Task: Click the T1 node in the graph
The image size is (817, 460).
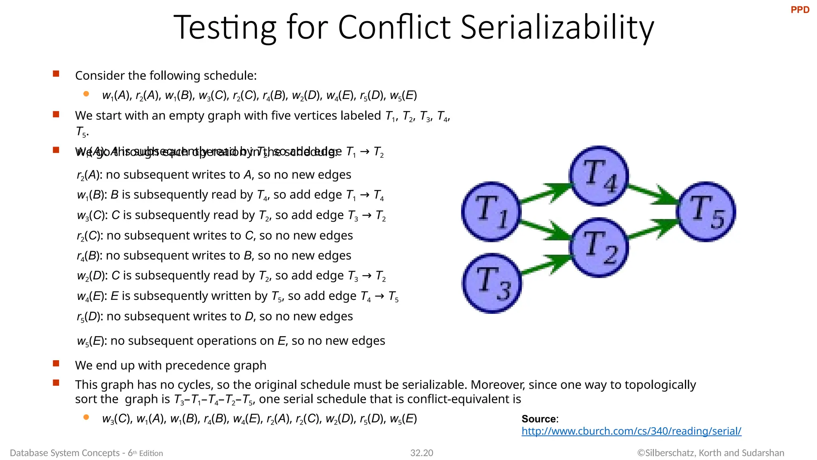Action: pyautogui.click(x=491, y=212)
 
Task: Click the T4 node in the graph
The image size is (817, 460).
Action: pyautogui.click(x=598, y=176)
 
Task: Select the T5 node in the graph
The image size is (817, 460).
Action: pyautogui.click(x=706, y=212)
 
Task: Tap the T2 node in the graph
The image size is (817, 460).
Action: pyautogui.click(x=598, y=248)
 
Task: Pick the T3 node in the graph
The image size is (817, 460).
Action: pyautogui.click(x=492, y=284)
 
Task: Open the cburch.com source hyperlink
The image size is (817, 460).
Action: pyautogui.click(x=631, y=431)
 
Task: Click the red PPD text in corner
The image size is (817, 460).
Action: pyautogui.click(x=800, y=10)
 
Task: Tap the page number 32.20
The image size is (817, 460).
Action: pyautogui.click(x=422, y=453)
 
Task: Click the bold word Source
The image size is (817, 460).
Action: pyautogui.click(x=539, y=419)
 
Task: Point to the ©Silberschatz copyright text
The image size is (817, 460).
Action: pyautogui.click(x=710, y=453)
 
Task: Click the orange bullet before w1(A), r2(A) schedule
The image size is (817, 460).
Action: pyautogui.click(x=86, y=94)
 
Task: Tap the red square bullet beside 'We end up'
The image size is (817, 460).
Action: pyautogui.click(x=56, y=363)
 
